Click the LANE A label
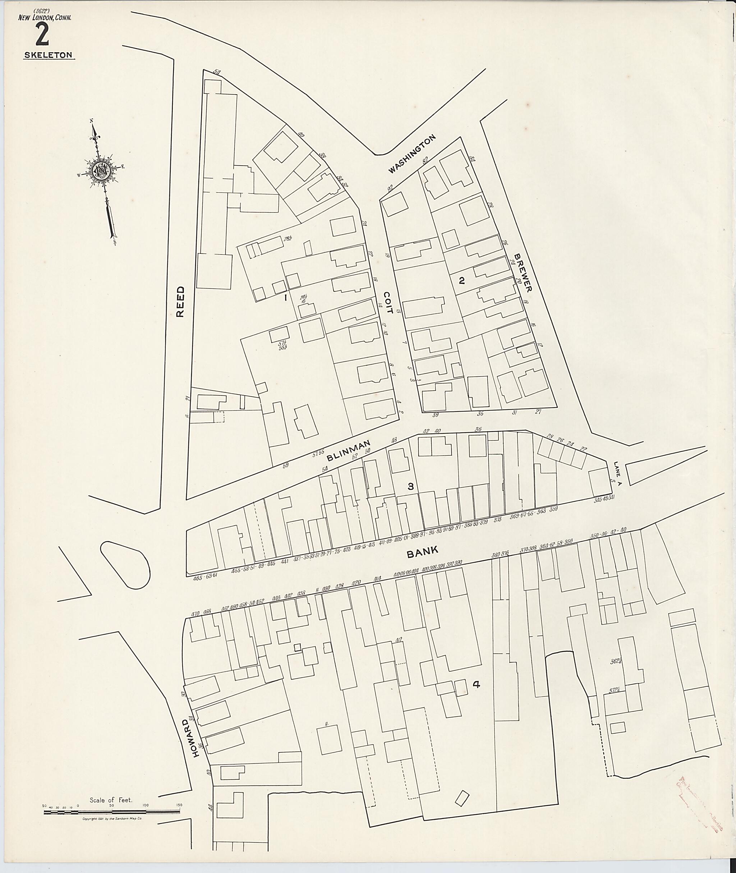(x=618, y=474)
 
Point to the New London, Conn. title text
(x=45, y=18)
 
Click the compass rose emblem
(x=101, y=171)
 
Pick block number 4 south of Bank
(x=476, y=684)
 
